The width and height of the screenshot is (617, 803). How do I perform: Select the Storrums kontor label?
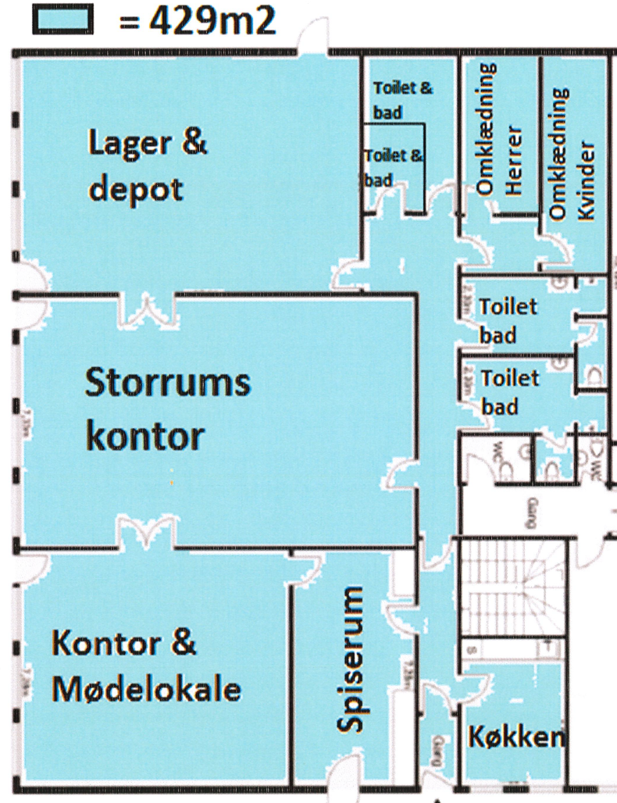click(x=167, y=409)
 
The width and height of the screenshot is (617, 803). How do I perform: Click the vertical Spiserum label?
click(x=354, y=661)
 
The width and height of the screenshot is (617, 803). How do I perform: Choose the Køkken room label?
click(x=515, y=737)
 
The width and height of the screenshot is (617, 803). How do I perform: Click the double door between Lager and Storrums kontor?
click(x=149, y=309)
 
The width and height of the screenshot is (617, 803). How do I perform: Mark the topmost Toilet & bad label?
click(x=401, y=100)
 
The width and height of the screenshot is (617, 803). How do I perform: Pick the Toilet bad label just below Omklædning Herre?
click(x=508, y=320)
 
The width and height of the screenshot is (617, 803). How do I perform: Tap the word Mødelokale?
click(x=146, y=690)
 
